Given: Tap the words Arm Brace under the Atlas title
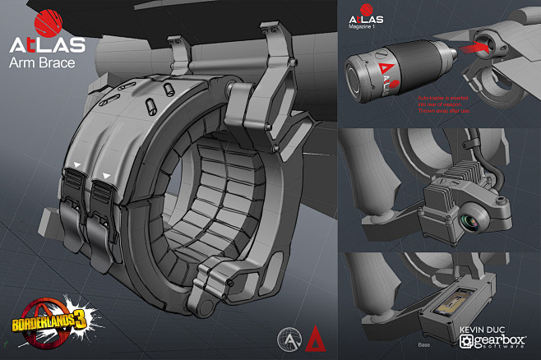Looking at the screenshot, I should click(x=41, y=62).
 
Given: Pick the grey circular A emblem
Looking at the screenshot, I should click(x=289, y=339).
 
